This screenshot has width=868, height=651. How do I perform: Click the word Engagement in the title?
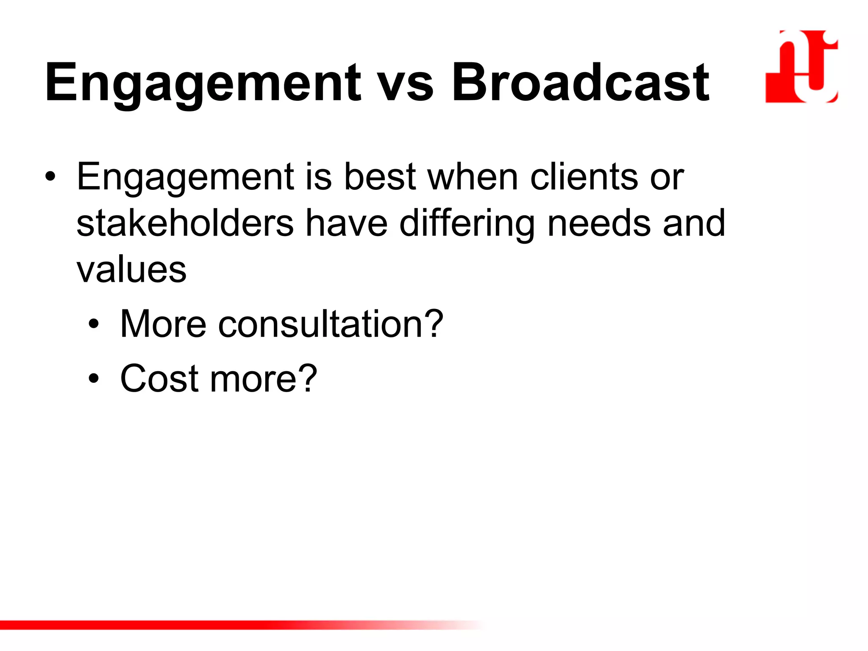(203, 83)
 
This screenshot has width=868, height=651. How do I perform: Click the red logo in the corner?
(801, 67)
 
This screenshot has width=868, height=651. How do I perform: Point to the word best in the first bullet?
(379, 177)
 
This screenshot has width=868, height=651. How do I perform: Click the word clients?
(584, 177)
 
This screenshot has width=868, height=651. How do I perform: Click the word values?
(131, 270)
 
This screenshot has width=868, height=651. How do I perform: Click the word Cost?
(159, 378)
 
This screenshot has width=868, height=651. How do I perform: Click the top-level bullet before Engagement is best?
(50, 177)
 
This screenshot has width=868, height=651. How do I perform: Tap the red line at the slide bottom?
(212, 625)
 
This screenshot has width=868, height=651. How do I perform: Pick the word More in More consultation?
(163, 324)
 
